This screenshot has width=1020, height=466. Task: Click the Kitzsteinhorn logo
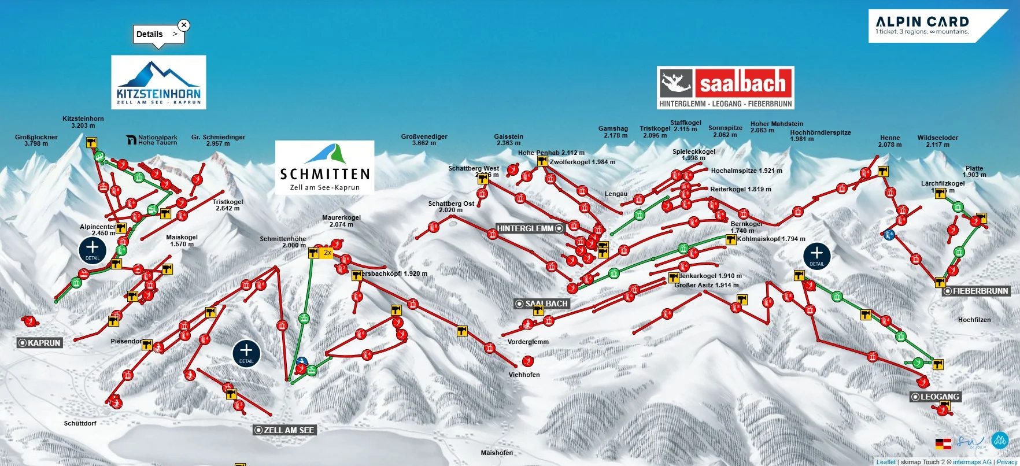point(158,82)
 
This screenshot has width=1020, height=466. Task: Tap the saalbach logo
point(726,87)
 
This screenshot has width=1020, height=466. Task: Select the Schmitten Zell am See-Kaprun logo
point(324,167)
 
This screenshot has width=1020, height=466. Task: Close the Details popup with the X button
point(184,25)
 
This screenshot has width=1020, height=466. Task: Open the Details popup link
point(157,34)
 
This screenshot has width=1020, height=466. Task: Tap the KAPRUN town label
point(39,343)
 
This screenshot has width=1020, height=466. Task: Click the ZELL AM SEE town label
point(284,430)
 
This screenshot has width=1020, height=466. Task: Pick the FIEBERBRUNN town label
point(976,291)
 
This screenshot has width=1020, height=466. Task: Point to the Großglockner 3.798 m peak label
point(36,140)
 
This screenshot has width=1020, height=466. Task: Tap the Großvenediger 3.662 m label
point(424,140)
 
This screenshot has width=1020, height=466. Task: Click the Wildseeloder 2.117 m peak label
point(937,141)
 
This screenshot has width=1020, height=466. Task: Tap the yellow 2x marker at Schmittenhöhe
point(327,253)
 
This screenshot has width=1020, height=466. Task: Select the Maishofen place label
point(497,453)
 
